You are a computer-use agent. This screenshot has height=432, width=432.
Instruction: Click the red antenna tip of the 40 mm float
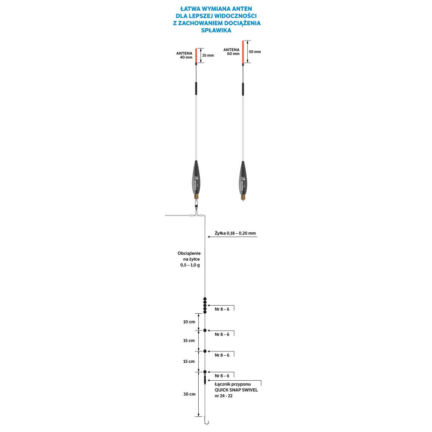pyautogui.click(x=196, y=56)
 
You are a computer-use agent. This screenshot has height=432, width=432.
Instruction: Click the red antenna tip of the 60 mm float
pyautogui.click(x=242, y=51)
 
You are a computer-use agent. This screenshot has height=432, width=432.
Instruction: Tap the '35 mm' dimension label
pyautogui.click(x=207, y=55)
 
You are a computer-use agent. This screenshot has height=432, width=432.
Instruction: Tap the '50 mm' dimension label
pyautogui.click(x=254, y=52)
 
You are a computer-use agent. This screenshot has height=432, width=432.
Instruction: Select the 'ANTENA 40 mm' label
pyautogui.click(x=184, y=55)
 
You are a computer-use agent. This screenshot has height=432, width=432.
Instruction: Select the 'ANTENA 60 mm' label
pyautogui.click(x=231, y=52)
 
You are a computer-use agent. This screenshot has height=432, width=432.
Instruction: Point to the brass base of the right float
pyautogui.click(x=242, y=197)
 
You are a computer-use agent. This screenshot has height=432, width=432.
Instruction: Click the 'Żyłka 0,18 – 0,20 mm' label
pyautogui.click(x=234, y=233)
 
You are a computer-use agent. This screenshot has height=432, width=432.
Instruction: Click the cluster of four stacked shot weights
pyautogui.click(x=205, y=305)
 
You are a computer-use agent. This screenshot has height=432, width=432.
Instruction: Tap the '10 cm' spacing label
pyautogui.click(x=188, y=321)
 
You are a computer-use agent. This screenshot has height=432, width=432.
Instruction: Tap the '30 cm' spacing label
pyautogui.click(x=188, y=394)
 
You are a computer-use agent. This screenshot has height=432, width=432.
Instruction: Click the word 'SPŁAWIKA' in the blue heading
pyautogui.click(x=216, y=31)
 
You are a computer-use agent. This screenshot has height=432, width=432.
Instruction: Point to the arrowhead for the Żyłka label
pyautogui.click(x=208, y=237)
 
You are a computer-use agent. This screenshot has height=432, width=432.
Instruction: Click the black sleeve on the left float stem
pyautogui.click(x=196, y=89)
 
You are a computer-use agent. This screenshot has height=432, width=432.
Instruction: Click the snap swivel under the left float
pyautogui.click(x=196, y=206)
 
